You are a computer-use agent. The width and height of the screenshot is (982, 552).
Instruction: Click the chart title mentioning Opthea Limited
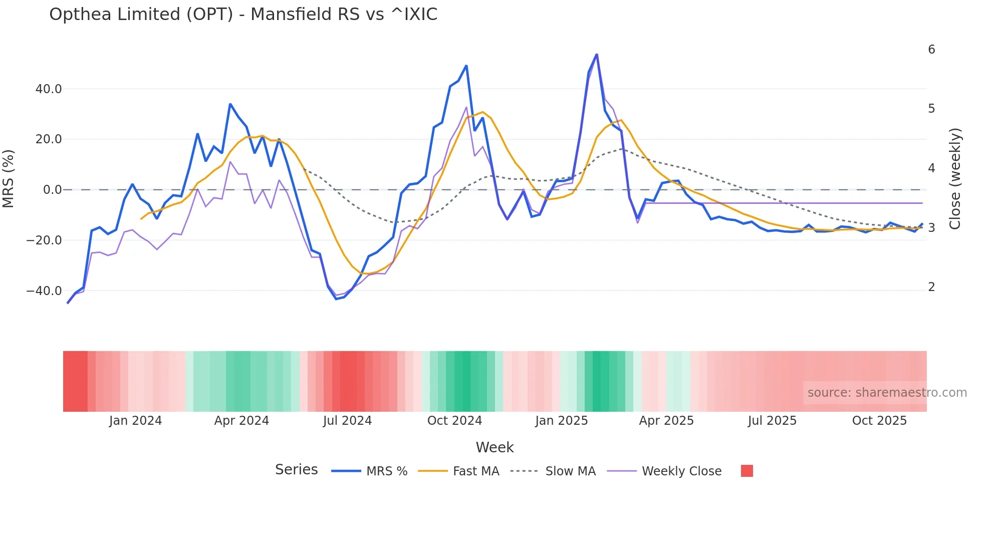[x=243, y=15]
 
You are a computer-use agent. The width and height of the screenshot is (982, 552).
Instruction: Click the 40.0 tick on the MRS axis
[x=49, y=89]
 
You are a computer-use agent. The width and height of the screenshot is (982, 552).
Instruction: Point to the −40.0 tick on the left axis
[x=44, y=291]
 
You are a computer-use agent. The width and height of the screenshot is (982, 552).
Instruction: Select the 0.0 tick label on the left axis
[x=52, y=190]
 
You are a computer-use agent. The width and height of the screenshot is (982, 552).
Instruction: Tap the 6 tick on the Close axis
[x=931, y=50]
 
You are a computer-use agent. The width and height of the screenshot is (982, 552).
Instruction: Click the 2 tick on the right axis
[x=931, y=287]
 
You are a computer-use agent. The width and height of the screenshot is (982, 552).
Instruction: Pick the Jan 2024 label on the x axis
[x=135, y=421]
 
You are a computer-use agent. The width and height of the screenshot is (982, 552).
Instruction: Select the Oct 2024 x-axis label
[x=454, y=421]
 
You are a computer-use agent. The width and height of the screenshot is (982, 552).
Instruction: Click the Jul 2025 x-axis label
[x=772, y=421]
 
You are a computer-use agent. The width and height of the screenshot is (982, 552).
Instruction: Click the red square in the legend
[x=747, y=471]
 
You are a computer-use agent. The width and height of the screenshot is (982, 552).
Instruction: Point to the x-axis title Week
[x=495, y=447]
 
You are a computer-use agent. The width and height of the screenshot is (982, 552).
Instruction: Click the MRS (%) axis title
[x=9, y=179]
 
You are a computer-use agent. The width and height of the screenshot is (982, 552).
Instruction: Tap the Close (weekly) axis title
[x=955, y=179]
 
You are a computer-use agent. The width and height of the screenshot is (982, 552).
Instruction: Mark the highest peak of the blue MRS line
[x=596, y=54]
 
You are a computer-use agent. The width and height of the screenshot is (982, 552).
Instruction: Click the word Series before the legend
[x=296, y=470]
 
